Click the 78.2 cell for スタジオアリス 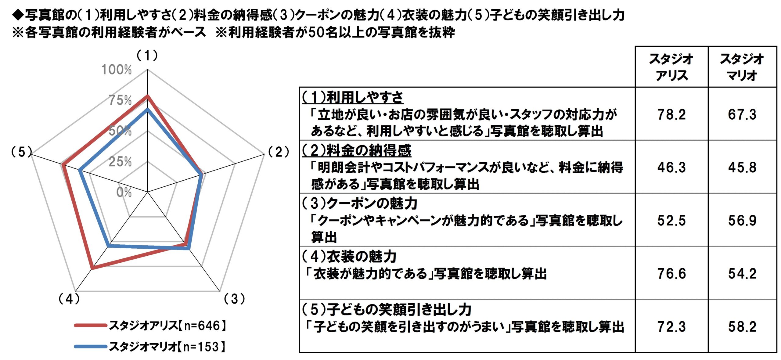click(671, 114)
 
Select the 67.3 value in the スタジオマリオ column click(742, 114)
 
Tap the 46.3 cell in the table click(671, 167)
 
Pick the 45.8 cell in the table click(742, 167)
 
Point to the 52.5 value click(671, 220)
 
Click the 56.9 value click(742, 220)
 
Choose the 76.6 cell click(671, 273)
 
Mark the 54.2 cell click(742, 273)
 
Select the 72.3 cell click(671, 326)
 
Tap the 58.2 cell click(742, 326)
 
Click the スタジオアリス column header click(671, 67)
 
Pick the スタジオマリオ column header click(742, 67)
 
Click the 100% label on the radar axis click(117, 70)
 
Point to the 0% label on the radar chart click(124, 192)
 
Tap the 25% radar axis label click(120, 162)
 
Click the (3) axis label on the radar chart click(234, 299)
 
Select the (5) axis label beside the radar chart click(21, 152)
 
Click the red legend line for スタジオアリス click(90, 326)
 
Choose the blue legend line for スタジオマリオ click(90, 347)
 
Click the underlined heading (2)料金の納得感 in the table click(356, 150)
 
